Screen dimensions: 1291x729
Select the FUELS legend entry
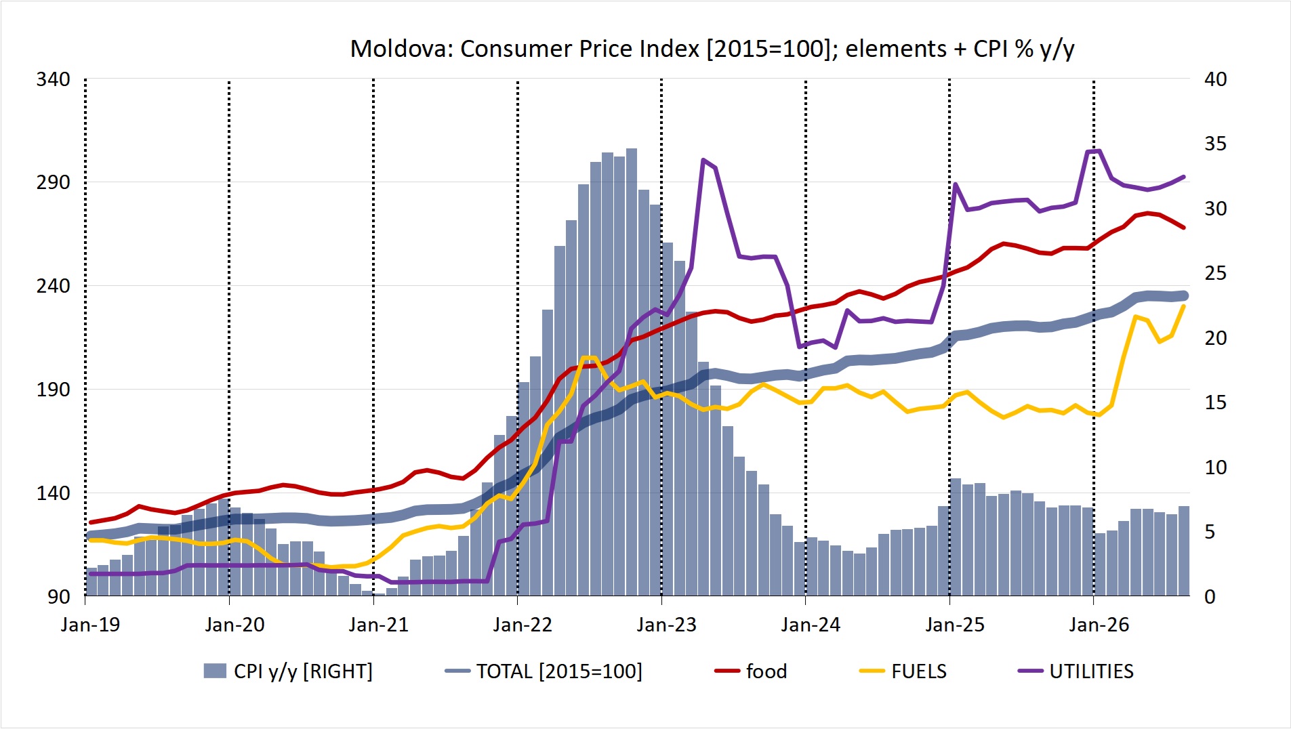903,671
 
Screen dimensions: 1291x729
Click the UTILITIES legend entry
1075,671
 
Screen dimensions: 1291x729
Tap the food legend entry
751,671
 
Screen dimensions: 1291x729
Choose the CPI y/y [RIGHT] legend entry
288,671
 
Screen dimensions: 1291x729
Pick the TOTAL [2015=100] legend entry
544,671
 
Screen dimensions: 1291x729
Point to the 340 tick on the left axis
53,79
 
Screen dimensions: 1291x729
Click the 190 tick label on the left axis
53,390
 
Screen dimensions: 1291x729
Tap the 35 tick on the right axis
1215,144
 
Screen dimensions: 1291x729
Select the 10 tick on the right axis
1215,467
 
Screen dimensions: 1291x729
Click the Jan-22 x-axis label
522,625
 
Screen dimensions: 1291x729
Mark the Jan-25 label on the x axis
955,625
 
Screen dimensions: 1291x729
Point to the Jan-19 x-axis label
90,625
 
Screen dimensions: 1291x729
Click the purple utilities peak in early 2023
703,160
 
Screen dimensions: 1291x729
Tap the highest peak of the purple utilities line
1098,150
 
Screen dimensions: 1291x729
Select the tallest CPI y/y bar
631,372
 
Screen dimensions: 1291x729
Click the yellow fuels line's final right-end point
1183,306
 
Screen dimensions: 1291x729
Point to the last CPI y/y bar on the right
1184,551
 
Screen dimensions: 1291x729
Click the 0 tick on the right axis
1210,597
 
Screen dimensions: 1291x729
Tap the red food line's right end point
1183,228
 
